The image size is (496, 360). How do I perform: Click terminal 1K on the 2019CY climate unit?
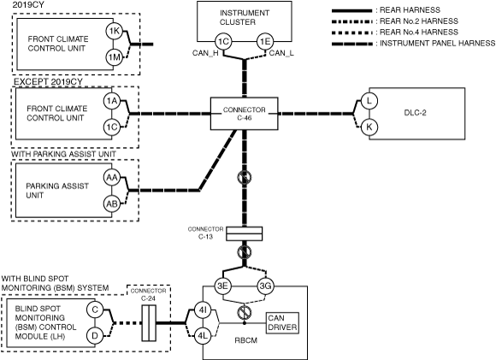(x=114, y=31)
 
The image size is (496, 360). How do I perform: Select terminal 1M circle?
(x=114, y=57)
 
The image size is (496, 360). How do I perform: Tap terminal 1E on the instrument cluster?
(x=265, y=41)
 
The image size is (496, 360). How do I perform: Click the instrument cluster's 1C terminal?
(x=223, y=41)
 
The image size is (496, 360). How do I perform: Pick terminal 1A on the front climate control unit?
(x=112, y=101)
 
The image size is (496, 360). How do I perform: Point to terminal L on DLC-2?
(x=369, y=101)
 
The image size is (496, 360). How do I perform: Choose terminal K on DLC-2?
(x=369, y=127)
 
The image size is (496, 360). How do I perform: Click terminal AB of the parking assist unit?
(x=112, y=204)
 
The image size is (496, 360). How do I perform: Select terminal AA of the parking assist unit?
(x=112, y=178)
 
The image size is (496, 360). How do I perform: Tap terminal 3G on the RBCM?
(x=265, y=286)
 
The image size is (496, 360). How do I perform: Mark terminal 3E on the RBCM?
(x=223, y=286)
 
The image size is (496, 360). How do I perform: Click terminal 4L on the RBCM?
(x=202, y=337)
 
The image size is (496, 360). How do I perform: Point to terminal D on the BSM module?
(x=95, y=336)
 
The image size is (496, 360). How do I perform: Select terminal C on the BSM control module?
(x=95, y=310)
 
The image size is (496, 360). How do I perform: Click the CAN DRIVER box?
(x=282, y=323)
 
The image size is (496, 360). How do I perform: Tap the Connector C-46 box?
(x=245, y=114)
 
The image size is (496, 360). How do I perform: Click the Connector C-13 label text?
(x=205, y=233)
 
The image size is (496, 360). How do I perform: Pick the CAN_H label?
(x=205, y=53)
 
